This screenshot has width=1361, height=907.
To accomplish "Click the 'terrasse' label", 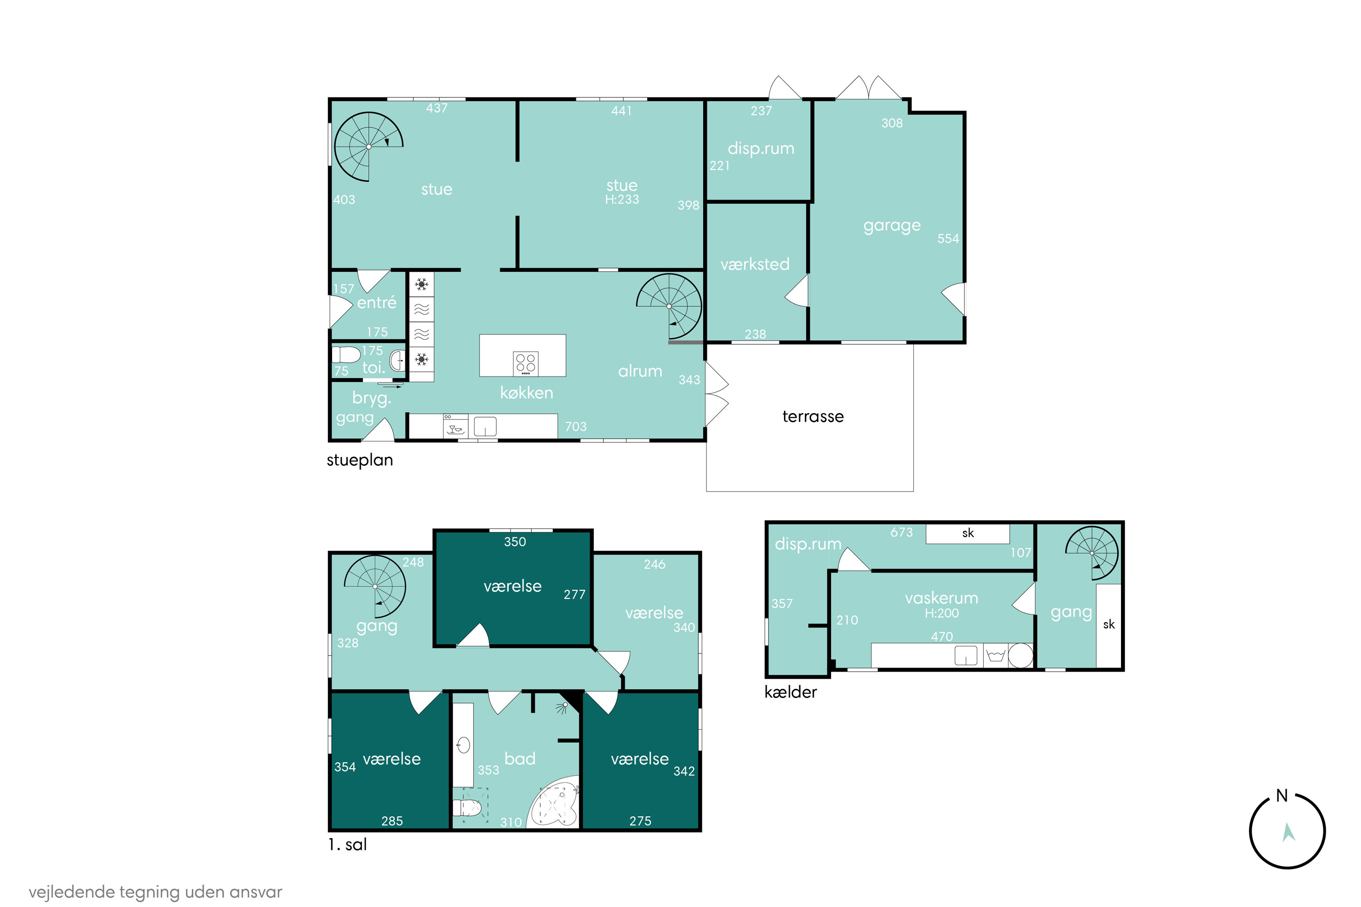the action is click(813, 416).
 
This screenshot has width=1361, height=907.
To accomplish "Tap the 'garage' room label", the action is click(892, 225).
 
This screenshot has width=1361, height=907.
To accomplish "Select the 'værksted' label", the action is click(754, 264).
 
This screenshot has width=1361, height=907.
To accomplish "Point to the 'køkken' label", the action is click(527, 393).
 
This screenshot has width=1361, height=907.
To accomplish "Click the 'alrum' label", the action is click(640, 371).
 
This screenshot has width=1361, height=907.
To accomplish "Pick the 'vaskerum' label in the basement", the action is click(941, 598).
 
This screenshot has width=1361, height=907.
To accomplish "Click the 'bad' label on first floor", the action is click(519, 758).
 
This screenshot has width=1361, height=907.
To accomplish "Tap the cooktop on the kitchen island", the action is click(525, 363).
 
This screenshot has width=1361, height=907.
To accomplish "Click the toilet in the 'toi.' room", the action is click(346, 355).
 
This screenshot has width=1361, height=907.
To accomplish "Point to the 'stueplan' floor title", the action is click(359, 460).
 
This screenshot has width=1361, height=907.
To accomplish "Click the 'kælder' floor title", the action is click(790, 692).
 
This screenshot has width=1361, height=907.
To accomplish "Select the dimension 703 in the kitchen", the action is click(576, 426).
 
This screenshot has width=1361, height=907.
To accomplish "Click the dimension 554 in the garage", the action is click(948, 239).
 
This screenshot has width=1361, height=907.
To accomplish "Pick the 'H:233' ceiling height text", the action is click(622, 199).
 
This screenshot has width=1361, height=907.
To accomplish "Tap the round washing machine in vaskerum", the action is click(1021, 655).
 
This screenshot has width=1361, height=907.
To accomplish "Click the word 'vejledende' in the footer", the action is click(72, 892).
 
